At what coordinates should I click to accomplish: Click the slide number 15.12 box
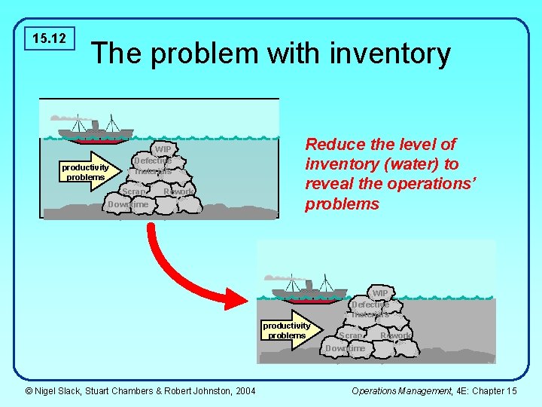coord(50,38)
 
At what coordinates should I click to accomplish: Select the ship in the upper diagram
coord(93,130)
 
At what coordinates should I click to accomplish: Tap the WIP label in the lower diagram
coord(379,292)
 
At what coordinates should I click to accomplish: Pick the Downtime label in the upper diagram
coord(128,205)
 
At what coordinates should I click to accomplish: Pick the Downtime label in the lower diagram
coord(345,348)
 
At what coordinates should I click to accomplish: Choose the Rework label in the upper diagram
coord(179,192)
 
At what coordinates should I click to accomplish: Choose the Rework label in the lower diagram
coord(396,335)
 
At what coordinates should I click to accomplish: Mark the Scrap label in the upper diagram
coord(135,192)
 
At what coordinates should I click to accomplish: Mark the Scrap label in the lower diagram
coord(351,335)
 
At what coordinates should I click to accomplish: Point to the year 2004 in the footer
coord(245,390)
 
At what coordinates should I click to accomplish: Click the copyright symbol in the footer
coord(29,390)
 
